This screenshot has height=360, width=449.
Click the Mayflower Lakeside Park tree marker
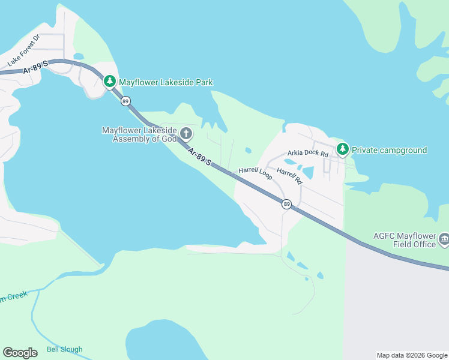[109, 81]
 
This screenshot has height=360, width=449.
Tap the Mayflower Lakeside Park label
[166, 82]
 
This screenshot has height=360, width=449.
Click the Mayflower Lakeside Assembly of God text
[139, 134]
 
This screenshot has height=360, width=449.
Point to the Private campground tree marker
[342, 148]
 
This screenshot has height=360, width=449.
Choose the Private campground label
[389, 150]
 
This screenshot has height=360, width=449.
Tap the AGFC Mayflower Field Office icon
[444, 239]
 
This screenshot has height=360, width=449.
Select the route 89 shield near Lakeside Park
[125, 101]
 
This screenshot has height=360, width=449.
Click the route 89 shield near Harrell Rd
[287, 205]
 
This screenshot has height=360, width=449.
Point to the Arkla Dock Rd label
[308, 154]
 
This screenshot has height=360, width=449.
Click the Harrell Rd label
[289, 175]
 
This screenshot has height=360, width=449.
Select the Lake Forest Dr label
[23, 50]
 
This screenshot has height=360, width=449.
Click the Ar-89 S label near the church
[199, 157]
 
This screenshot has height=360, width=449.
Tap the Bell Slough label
[64, 349]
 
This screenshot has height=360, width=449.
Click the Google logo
[20, 353]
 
